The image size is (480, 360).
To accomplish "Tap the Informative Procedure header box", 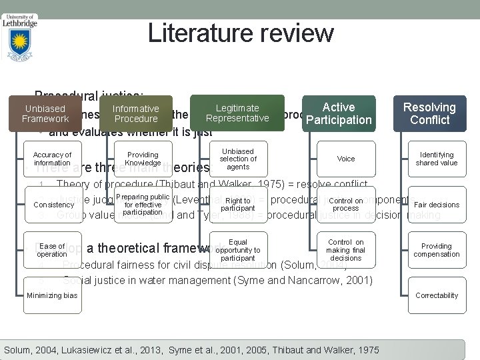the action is point(135,114).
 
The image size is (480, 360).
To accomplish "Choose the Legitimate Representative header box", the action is point(237,113).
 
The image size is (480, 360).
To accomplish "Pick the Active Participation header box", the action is point(338,113).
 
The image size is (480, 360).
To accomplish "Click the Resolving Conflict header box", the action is point(429,113).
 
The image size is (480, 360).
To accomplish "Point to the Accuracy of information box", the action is point(52,159).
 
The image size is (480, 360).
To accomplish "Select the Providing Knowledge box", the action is point(143,159).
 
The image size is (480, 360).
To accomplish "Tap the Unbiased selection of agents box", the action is point(238,159).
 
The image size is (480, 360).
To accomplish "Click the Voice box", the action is point(346,159).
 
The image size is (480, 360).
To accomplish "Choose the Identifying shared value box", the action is point(437,159).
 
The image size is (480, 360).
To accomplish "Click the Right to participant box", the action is point(238,204).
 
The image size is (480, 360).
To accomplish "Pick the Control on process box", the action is point(346,204).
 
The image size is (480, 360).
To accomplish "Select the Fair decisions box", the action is point(437,205).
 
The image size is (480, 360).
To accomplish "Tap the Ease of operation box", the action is point(52,250).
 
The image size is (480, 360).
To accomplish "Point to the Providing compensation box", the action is point(437,250).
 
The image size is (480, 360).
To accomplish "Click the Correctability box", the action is point(437,295).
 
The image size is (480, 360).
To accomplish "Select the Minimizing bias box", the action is point(53,295).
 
